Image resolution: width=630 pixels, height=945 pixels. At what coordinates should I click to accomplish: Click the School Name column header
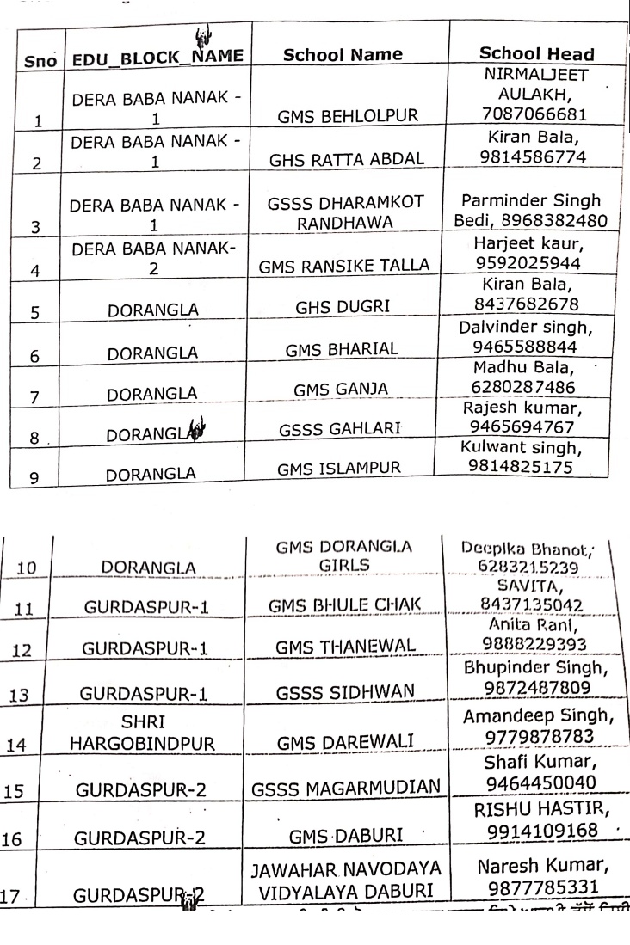pos(343,55)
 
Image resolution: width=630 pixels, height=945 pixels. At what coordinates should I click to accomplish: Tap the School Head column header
pos(536,54)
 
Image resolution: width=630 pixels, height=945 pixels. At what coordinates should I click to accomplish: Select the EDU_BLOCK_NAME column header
pos(158,58)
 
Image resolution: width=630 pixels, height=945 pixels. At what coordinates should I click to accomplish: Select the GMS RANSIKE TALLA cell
pos(344,267)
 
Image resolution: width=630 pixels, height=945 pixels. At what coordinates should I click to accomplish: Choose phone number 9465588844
pos(530,346)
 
